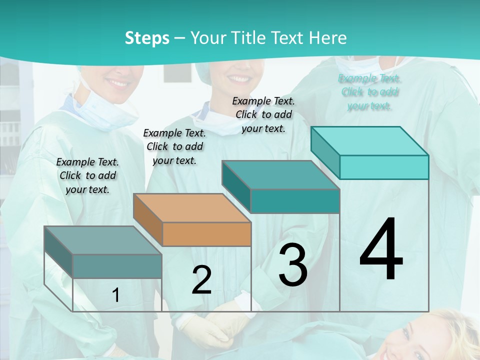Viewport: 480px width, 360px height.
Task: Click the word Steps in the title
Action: pos(146,38)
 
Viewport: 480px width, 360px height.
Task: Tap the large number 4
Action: pos(381,250)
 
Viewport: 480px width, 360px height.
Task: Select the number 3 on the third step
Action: pos(292,265)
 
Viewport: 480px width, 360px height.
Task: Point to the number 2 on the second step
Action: pos(201,280)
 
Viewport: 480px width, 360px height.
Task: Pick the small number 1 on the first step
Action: pos(116,295)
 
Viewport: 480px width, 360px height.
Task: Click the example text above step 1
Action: pos(87,175)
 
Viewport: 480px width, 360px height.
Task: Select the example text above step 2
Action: pos(174,146)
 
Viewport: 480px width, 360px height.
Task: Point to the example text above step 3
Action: pos(263,114)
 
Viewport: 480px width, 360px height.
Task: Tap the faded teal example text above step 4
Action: pos(369,92)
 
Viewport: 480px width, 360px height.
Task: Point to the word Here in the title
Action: pos(328,38)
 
